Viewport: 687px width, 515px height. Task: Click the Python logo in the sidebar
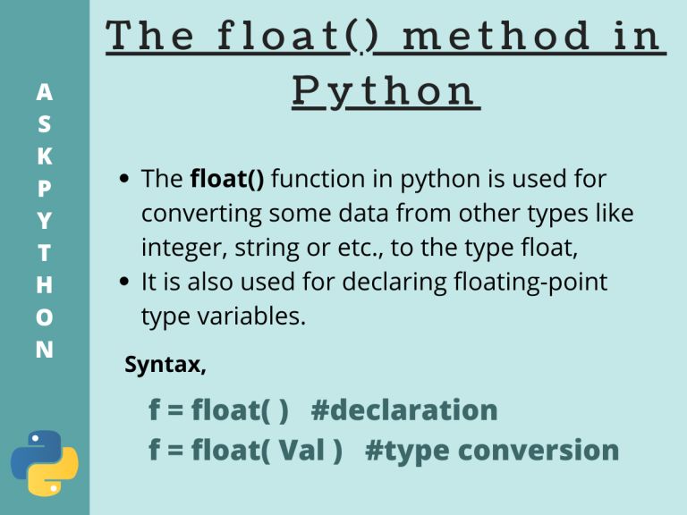pyautogui.click(x=44, y=462)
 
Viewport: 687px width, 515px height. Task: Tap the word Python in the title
pyautogui.click(x=385, y=92)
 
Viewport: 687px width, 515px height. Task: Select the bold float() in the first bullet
pyautogui.click(x=227, y=179)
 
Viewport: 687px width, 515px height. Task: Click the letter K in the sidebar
pyautogui.click(x=44, y=156)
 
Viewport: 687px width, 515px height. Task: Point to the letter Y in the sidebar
pyautogui.click(x=44, y=220)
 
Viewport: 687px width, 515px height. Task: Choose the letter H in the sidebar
pyautogui.click(x=44, y=284)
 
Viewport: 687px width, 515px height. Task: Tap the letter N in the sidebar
pyautogui.click(x=44, y=349)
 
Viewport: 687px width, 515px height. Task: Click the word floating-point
pyautogui.click(x=522, y=282)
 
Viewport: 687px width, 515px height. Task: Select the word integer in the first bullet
pyautogui.click(x=175, y=248)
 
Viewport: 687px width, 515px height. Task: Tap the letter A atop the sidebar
pyautogui.click(x=44, y=91)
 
